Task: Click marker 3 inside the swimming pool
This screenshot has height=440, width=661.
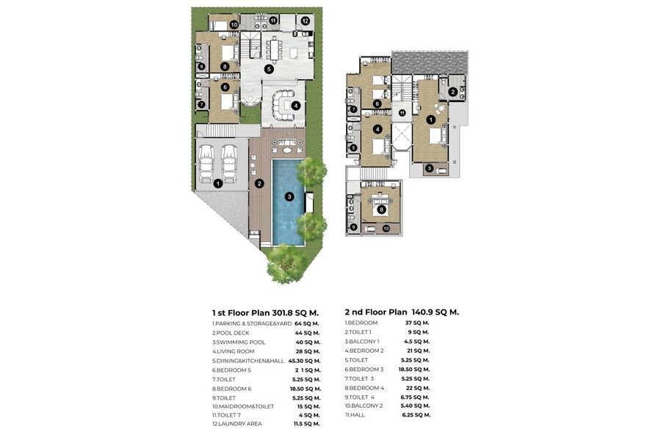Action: click(289, 197)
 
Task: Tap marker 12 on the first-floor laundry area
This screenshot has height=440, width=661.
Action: click(305, 21)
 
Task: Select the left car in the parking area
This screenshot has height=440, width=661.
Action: click(206, 164)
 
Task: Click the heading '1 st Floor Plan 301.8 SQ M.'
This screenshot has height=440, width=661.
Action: click(265, 313)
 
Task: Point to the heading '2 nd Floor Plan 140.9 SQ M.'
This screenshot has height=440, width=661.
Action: click(402, 312)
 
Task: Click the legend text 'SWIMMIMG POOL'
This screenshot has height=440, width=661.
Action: click(239, 342)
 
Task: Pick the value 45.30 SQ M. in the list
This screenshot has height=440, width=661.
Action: click(304, 361)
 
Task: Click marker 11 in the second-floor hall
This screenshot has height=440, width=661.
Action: click(402, 113)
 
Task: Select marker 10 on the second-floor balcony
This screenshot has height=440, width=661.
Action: click(386, 229)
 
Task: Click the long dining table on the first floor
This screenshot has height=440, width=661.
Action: click(275, 50)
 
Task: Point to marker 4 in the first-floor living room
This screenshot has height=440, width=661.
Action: click(296, 106)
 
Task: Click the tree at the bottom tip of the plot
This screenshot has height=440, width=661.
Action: click(286, 263)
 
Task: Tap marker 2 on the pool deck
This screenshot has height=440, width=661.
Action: click(259, 183)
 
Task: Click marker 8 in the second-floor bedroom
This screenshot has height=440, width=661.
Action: click(381, 209)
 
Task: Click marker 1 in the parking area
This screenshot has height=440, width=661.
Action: click(218, 183)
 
